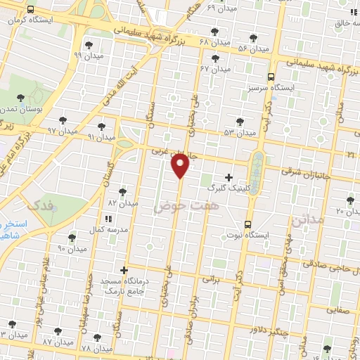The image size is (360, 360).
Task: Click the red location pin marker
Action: point(181,166)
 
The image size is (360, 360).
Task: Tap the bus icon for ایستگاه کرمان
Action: point(30,10)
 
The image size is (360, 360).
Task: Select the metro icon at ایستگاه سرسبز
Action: point(272,77)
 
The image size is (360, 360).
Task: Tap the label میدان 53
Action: point(239,132)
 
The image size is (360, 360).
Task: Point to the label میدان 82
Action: point(121,202)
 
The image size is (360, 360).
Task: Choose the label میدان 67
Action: point(215,69)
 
